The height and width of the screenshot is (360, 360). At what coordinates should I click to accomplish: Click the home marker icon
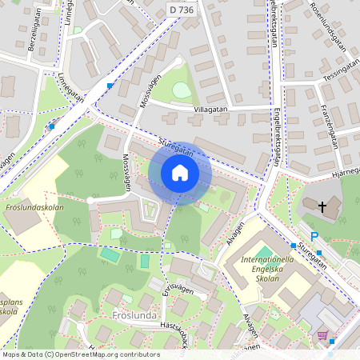coord(180,173)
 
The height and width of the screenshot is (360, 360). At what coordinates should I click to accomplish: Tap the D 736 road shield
coord(182,8)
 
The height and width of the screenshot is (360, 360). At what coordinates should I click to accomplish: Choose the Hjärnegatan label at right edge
coord(343,170)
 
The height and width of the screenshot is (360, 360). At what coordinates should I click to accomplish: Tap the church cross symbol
coord(322,207)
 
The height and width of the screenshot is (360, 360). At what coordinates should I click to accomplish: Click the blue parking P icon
coord(314,236)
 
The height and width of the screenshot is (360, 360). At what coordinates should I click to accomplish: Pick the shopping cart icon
coord(322,335)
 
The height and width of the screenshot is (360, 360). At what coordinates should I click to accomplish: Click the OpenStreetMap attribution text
coord(81,354)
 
